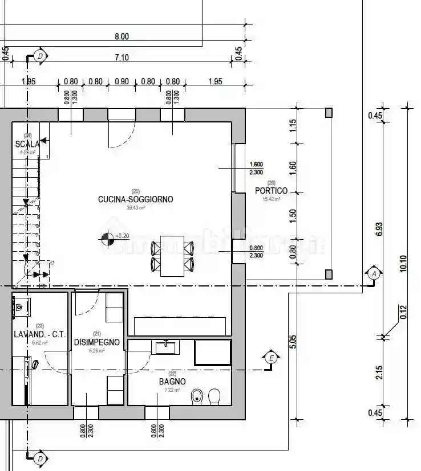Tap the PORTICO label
(271, 191)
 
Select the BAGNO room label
(172, 381)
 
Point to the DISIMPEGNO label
(96, 342)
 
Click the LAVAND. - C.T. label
(39, 334)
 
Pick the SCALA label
(27, 144)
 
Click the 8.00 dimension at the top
(122, 36)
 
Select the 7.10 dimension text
(122, 57)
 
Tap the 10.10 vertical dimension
(403, 263)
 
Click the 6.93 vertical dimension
(379, 228)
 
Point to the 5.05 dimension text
(293, 342)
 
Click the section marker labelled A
(374, 274)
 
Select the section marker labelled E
(272, 358)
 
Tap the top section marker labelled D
(40, 56)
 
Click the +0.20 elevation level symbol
(106, 240)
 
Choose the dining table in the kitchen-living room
(172, 256)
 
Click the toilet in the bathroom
(214, 396)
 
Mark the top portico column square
(329, 113)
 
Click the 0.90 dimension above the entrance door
(122, 81)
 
